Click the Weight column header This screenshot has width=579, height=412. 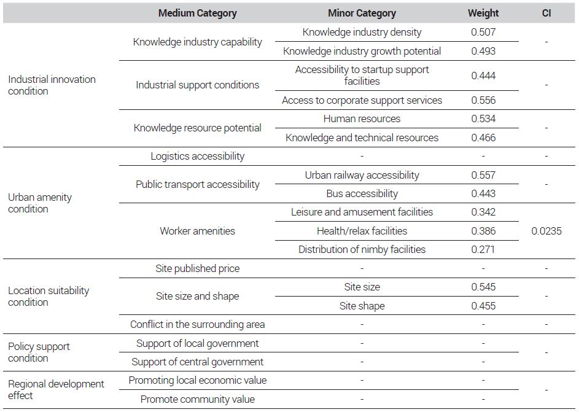point(483,14)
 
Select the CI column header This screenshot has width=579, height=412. point(546,14)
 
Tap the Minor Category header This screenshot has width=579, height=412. point(362,14)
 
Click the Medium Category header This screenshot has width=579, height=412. point(198,14)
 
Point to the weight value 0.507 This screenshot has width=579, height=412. point(483,32)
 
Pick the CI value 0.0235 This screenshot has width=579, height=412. point(546,231)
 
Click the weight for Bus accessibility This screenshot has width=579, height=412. point(483,194)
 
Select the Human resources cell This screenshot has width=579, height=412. point(362,119)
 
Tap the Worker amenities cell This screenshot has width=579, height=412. point(198,231)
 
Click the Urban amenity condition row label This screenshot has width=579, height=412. point(40,203)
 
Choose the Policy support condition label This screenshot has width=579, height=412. point(39,352)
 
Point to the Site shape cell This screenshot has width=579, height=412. point(362,306)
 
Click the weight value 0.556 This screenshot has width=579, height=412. point(483,101)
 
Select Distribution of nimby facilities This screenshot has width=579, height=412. point(362,249)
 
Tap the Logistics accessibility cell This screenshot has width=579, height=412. point(198,157)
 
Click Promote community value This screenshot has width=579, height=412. point(198,400)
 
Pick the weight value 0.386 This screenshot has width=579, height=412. point(483,231)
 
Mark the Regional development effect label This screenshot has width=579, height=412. point(56,389)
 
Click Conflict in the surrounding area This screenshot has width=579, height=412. point(198,325)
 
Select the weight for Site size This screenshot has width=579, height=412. point(483,287)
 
